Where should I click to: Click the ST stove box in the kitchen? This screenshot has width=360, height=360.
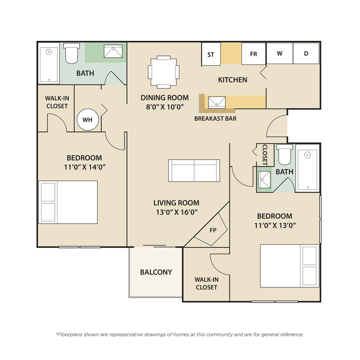[x=211, y=54]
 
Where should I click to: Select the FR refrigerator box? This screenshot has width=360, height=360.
[x=253, y=54]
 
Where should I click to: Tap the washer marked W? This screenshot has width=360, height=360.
[x=279, y=53]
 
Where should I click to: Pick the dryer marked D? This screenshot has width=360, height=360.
[x=306, y=53]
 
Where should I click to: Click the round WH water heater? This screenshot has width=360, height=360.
[x=88, y=120]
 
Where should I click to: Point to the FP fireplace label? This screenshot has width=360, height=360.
[x=213, y=230]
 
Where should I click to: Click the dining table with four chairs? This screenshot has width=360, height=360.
[x=164, y=72]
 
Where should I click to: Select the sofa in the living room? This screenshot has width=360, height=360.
[x=194, y=171]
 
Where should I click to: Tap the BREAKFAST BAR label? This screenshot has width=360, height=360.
[x=216, y=118]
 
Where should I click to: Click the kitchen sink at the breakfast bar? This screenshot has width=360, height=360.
[x=217, y=102]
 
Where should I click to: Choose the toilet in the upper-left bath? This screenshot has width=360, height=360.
[x=71, y=53]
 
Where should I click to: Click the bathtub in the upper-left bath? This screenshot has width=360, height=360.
[x=49, y=65]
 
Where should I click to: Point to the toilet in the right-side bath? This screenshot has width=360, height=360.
[x=285, y=155]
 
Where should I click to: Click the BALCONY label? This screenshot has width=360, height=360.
[x=156, y=272]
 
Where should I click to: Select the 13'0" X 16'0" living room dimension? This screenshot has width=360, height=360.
[x=177, y=212]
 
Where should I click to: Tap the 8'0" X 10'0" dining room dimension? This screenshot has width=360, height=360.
[x=165, y=107]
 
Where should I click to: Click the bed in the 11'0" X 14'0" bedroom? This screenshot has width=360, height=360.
[x=68, y=202]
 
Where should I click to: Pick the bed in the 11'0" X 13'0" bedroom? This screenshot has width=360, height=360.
[x=290, y=266]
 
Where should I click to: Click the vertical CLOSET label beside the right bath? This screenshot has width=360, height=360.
[x=265, y=155]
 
